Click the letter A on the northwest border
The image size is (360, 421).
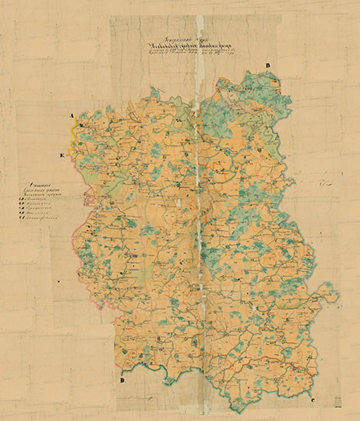(72, 116)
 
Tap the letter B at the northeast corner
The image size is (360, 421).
(267, 66)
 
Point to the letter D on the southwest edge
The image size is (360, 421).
(122, 380)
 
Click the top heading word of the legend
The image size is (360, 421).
(49, 185)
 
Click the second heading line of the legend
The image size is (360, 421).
(49, 192)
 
